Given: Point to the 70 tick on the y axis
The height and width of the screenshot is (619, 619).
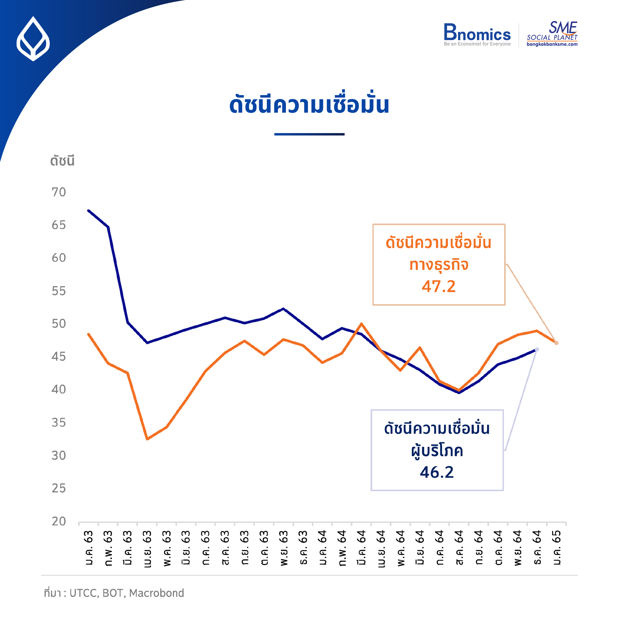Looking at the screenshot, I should [x=59, y=192].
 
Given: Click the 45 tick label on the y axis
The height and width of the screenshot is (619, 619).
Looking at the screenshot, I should [x=59, y=357].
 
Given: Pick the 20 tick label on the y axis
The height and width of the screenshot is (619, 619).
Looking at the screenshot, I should [x=59, y=521].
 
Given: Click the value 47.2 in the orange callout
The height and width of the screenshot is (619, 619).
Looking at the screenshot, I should [x=438, y=286].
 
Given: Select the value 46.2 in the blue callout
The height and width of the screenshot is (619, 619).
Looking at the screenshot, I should [x=437, y=472].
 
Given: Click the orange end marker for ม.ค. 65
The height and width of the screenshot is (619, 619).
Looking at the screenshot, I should [x=557, y=343].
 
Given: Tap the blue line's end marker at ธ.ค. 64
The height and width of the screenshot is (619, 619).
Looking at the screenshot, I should [x=537, y=350].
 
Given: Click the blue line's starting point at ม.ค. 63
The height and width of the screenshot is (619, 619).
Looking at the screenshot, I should [x=88, y=210].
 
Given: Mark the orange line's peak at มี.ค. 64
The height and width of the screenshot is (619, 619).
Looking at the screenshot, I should [x=361, y=324].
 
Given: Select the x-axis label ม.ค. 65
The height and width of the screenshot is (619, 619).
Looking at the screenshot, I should [x=557, y=548].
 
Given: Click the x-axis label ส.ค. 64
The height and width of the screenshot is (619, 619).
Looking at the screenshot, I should [x=459, y=548].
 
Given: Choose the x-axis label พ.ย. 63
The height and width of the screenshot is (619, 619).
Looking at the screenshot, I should [x=284, y=548].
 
